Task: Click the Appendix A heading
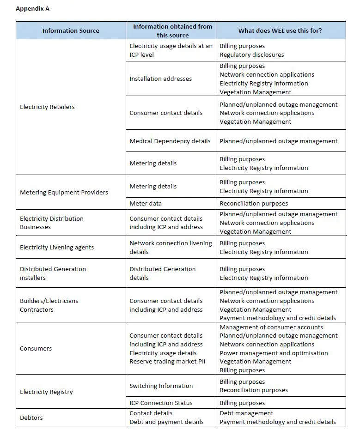point(33,8)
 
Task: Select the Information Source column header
point(71,30)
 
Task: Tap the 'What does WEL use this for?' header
point(280,30)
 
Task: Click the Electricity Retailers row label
point(47,107)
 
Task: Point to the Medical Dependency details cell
point(170,141)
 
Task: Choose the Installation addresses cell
point(160,79)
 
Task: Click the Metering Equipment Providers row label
point(64,193)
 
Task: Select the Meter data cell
point(146,203)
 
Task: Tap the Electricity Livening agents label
point(57,247)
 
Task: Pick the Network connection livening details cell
point(171,247)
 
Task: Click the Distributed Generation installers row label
point(53,273)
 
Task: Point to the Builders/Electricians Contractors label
point(49,305)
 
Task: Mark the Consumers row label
point(36,348)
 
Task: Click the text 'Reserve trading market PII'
point(167,362)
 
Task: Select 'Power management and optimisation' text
point(274,353)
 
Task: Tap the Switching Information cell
point(161,386)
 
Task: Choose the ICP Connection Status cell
point(161,403)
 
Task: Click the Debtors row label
point(31,418)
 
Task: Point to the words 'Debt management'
point(246,413)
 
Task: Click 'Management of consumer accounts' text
point(271,327)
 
